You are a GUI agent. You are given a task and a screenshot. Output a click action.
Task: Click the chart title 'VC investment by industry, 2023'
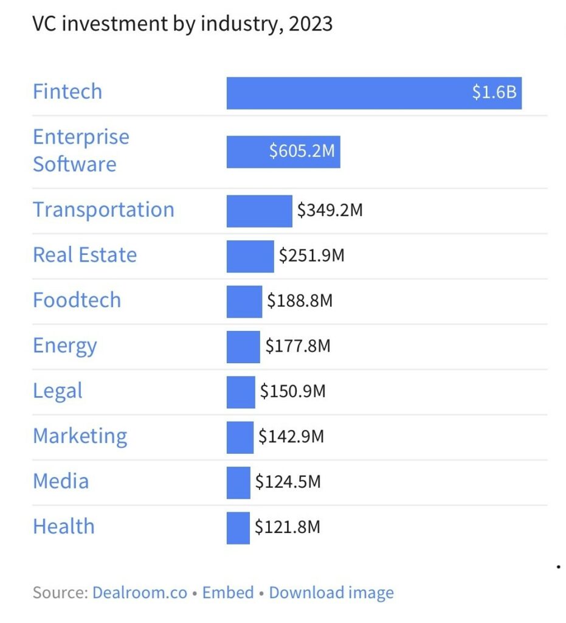[182, 24]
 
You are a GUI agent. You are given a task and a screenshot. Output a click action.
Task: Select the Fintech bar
[374, 93]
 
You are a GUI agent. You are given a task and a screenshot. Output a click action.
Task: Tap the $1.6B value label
[494, 92]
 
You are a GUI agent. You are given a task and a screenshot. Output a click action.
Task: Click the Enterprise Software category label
[81, 151]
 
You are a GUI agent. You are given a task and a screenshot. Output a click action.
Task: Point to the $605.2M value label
[302, 151]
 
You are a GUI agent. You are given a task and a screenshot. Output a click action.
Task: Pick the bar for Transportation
[259, 211]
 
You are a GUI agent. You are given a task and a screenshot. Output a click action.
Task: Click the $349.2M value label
[330, 210]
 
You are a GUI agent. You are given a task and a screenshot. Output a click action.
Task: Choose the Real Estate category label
[85, 255]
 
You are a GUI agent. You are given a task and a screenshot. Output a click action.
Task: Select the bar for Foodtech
[244, 302]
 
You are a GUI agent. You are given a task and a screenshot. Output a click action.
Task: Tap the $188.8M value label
[300, 301]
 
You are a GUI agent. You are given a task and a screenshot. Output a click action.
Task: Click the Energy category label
[64, 346]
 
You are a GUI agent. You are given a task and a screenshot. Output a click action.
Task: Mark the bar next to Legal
[241, 392]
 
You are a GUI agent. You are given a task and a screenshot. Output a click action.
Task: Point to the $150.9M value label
[292, 391]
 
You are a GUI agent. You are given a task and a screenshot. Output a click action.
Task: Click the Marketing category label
[80, 437]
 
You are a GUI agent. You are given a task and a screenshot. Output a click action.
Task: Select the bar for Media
[238, 482]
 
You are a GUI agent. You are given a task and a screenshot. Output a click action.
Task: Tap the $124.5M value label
[288, 482]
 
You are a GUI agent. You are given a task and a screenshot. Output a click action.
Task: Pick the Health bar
[238, 528]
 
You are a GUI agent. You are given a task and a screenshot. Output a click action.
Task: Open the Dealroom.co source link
[140, 593]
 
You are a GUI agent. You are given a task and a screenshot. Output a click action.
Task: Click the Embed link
[228, 593]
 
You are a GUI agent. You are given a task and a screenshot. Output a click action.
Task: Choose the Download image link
[331, 593]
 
